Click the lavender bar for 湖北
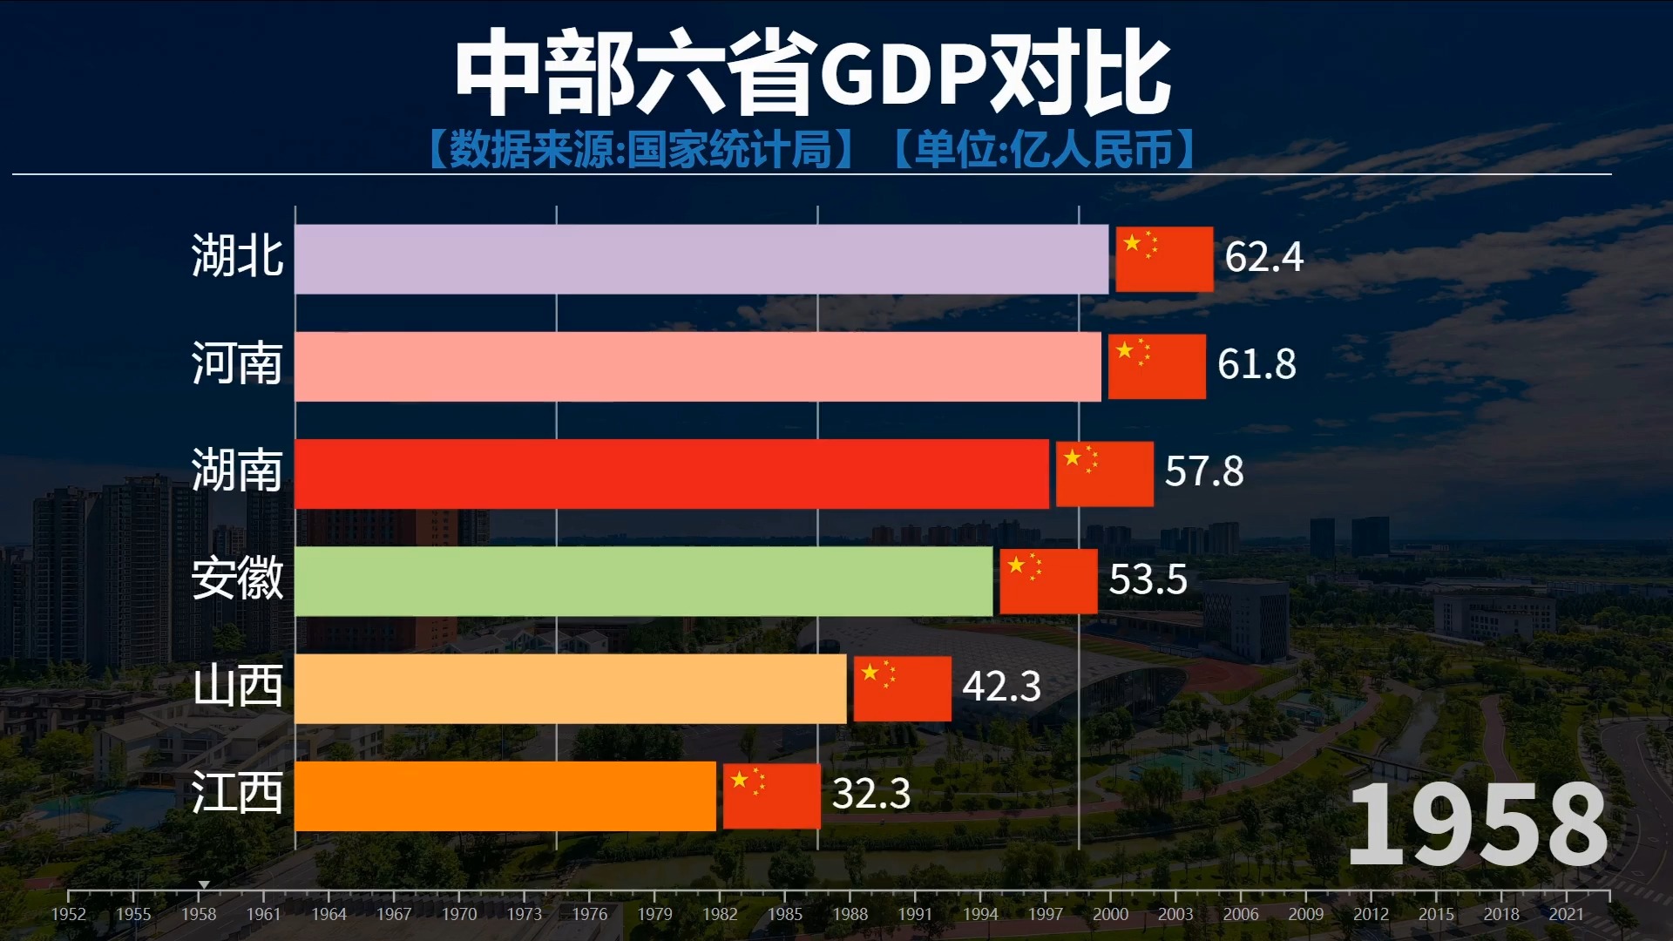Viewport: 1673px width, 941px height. tap(701, 259)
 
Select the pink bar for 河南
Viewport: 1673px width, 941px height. tap(697, 366)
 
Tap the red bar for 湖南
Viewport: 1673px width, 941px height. tap(671, 473)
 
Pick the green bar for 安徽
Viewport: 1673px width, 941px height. tap(643, 580)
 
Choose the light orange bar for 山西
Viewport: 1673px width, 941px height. tap(570, 687)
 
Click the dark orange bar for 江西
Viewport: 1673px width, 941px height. tap(505, 795)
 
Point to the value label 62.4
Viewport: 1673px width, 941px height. tap(1263, 257)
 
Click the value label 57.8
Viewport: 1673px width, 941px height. tap(1203, 471)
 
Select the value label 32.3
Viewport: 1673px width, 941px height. tap(870, 794)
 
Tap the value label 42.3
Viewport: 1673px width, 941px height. tap(1001, 687)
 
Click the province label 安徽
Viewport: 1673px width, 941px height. tap(237, 579)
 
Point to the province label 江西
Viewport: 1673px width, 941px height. tap(237, 793)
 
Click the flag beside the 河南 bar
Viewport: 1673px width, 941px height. tap(1156, 366)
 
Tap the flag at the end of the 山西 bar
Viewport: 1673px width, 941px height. tap(902, 688)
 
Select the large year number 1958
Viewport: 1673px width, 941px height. tap(1477, 823)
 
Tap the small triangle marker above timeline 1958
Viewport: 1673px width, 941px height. tap(203, 884)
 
